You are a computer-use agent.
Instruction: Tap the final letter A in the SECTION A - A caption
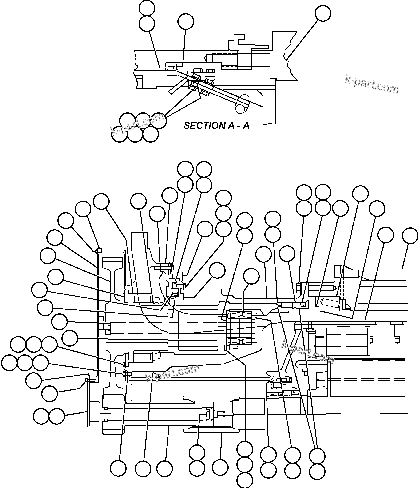tap(246, 125)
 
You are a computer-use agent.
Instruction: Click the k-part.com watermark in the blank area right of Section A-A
tap(372, 85)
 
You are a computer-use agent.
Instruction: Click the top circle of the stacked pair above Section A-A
tap(147, 8)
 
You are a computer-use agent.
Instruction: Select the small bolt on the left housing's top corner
tap(99, 249)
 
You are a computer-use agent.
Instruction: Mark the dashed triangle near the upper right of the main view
tap(341, 290)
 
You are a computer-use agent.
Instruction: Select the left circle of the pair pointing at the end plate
tap(41, 415)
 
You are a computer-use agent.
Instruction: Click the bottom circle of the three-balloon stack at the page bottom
tap(245, 480)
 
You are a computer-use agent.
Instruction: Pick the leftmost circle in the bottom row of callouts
tap(118, 468)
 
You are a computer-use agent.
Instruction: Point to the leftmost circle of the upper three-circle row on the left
tap(19, 344)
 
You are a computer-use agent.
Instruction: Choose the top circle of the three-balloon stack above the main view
tap(223, 198)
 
